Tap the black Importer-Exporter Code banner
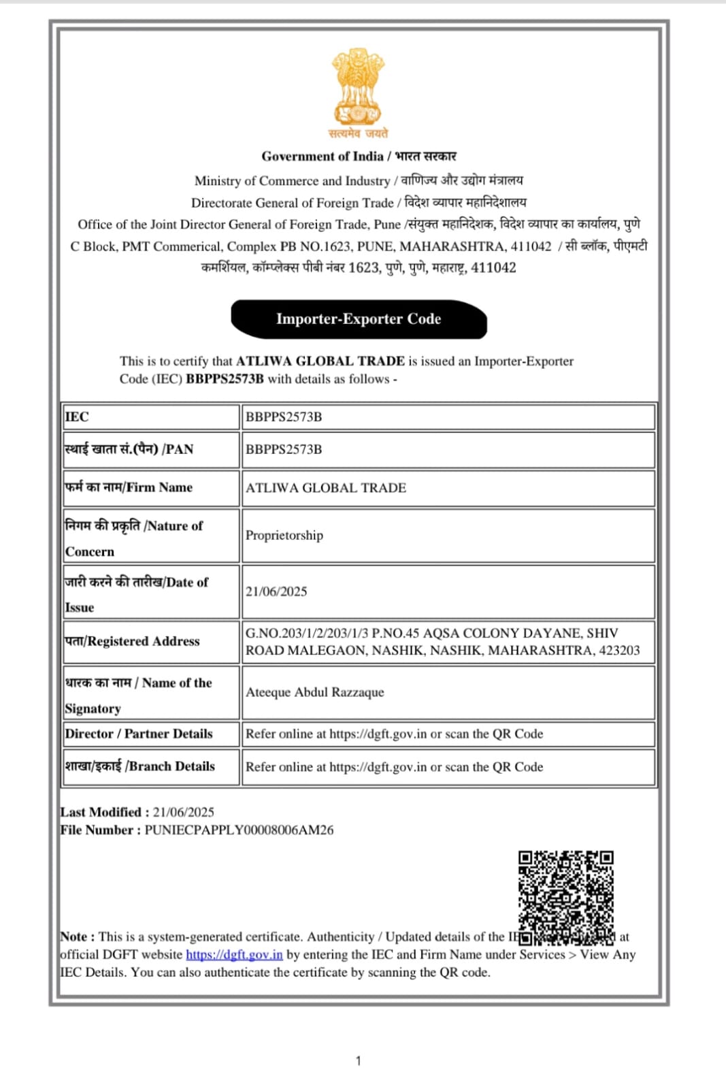tap(359, 319)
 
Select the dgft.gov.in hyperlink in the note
tap(234, 954)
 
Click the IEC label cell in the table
tap(77, 417)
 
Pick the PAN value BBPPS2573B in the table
tap(284, 449)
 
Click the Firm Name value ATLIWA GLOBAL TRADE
tap(326, 487)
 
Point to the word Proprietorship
tap(284, 535)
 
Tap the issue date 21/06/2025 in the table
tap(276, 591)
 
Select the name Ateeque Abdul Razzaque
tap(315, 692)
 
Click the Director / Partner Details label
tap(139, 734)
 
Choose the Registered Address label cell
tap(133, 641)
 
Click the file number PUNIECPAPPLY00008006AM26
tap(239, 830)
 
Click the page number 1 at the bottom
tap(359, 1060)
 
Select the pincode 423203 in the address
tap(619, 650)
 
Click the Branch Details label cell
tap(140, 766)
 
